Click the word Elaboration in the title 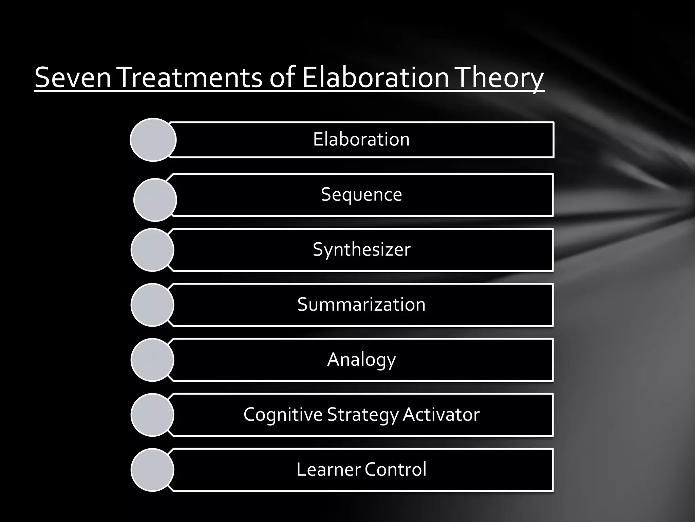[375, 78]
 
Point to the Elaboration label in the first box [361, 139]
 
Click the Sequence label [361, 195]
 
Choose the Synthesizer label [361, 249]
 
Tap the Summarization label [361, 304]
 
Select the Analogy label [361, 360]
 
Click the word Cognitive [283, 415]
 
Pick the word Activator [441, 415]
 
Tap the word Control [395, 470]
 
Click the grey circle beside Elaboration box [153, 140]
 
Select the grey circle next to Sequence [155, 200]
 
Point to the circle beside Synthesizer [152, 250]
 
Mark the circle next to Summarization [152, 305]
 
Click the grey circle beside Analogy [152, 360]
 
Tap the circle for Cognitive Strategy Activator [152, 415]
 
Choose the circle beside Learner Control [152, 470]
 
